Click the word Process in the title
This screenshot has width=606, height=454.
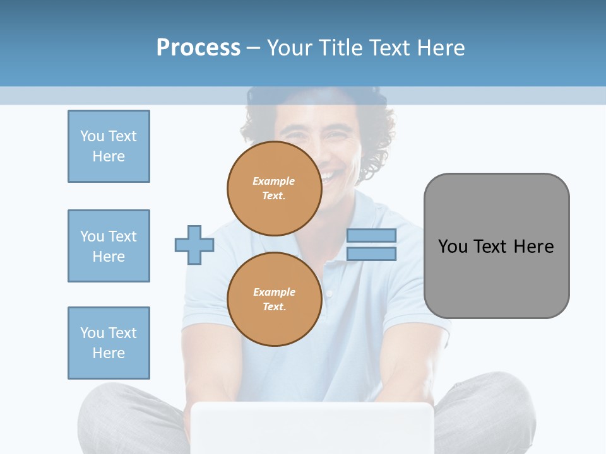[x=198, y=48]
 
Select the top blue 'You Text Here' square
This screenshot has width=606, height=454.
[x=109, y=146]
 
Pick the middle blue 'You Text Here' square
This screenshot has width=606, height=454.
[x=109, y=246]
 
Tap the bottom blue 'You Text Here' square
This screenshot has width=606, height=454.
[x=109, y=343]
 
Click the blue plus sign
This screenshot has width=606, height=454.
[x=194, y=245]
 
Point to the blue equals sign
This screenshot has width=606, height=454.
[x=371, y=245]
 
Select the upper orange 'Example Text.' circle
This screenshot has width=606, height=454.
[x=274, y=188]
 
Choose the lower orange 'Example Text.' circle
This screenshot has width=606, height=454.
[x=274, y=299]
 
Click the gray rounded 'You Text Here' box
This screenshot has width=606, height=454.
[x=496, y=246]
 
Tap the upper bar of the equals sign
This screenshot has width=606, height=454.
[x=371, y=235]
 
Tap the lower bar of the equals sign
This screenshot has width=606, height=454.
[x=371, y=254]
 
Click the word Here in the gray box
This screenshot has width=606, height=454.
[x=533, y=247]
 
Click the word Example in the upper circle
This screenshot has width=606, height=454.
[x=274, y=181]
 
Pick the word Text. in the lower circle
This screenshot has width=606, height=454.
[x=274, y=306]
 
